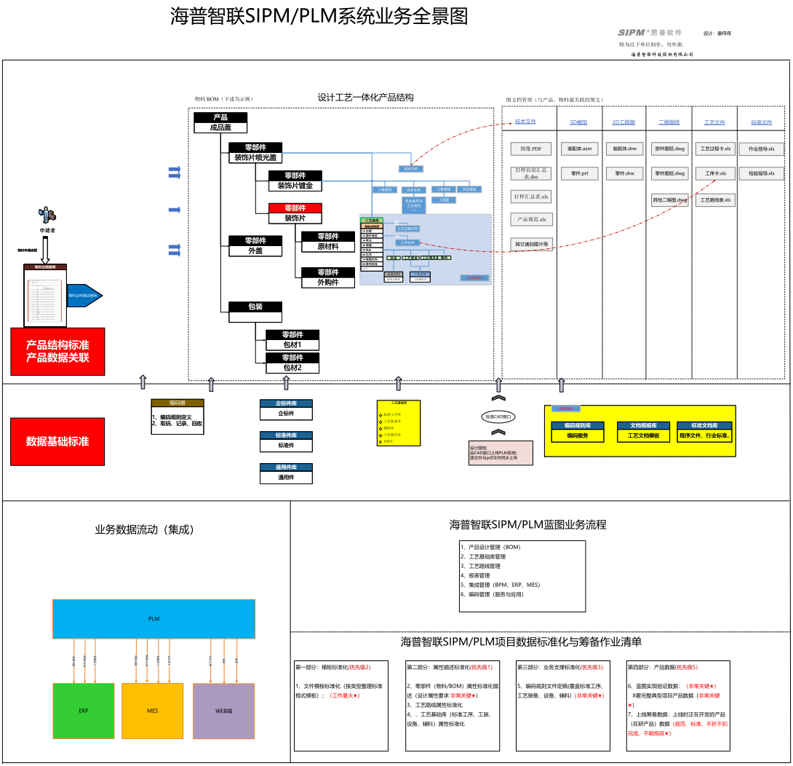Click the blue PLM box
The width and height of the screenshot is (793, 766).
point(154,619)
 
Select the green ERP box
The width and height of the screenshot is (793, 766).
point(84,711)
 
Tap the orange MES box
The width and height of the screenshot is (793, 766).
point(152,711)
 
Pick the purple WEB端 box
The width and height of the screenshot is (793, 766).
point(223,711)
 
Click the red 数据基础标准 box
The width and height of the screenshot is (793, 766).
point(57,441)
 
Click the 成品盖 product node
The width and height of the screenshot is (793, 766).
point(220,127)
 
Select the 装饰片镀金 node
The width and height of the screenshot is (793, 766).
point(295,185)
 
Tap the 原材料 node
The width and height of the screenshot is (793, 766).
point(328,246)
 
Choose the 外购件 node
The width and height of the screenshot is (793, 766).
point(328,282)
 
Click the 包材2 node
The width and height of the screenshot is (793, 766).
point(292,368)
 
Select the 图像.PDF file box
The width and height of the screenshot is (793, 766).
point(530,149)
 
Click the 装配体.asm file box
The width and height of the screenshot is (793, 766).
point(580,149)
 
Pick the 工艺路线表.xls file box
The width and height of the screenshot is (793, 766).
point(715,200)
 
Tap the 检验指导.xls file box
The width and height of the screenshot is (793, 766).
point(761,174)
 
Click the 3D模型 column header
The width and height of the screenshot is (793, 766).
point(578,122)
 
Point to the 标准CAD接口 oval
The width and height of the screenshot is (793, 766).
point(498,416)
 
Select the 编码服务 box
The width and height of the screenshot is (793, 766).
point(578,435)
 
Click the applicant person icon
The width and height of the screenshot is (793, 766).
point(47,215)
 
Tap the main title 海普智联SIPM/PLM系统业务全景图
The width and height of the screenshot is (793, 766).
point(319,16)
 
